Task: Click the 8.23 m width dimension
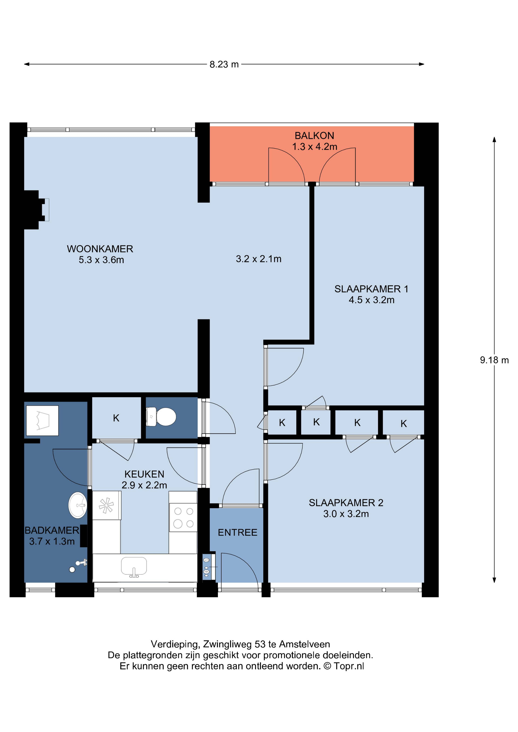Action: pyautogui.click(x=224, y=64)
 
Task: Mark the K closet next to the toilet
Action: pyautogui.click(x=116, y=418)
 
